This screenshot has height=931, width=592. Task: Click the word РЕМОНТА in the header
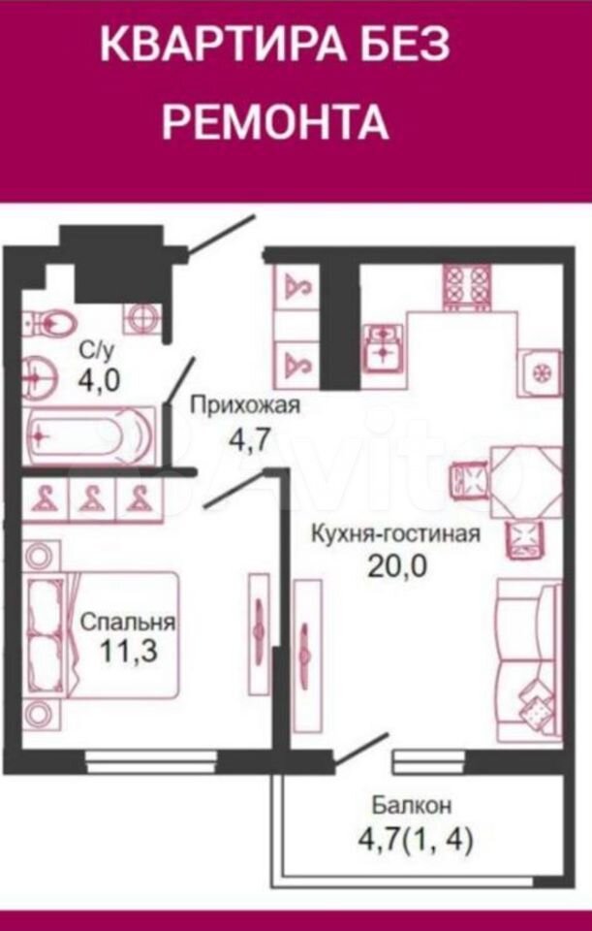coord(276,121)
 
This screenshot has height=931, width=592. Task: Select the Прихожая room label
coord(245,406)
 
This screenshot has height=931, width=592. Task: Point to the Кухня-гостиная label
coord(395,532)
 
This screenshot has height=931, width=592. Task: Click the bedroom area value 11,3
coord(128,652)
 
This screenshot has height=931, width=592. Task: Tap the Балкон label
coord(412,805)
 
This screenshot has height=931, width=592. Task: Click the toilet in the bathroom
coord(51,324)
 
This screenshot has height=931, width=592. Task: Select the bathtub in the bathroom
coord(90,436)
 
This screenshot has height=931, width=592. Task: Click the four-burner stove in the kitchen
coord(467,286)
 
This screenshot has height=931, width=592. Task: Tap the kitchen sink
coord(383,347)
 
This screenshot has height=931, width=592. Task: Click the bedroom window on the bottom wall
coord(151,762)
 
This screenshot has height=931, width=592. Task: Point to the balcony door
coord(359,750)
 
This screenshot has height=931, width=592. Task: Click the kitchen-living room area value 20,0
coord(397,566)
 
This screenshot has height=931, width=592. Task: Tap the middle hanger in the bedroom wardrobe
coord(92,498)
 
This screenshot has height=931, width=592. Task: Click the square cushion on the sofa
coord(536,707)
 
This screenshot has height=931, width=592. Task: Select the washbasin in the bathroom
coord(39,376)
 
